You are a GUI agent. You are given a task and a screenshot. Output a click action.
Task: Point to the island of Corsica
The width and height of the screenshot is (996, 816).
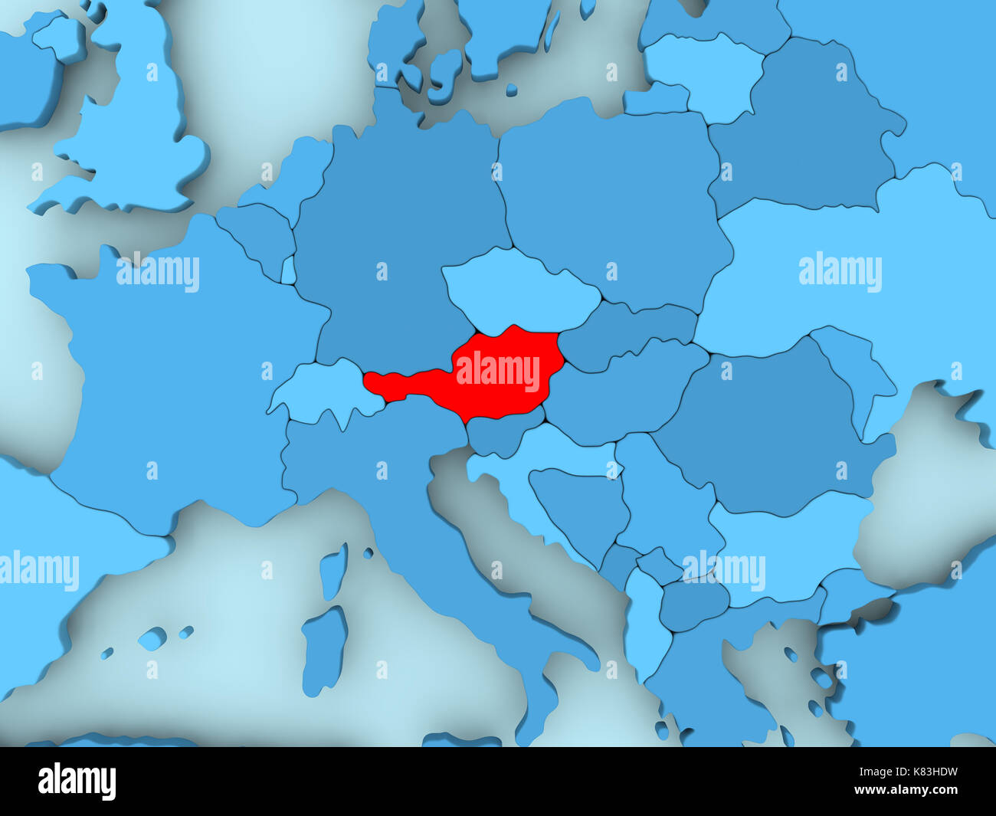coord(333,571)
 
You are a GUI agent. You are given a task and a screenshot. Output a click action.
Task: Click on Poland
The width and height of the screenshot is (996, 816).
coord(613,207)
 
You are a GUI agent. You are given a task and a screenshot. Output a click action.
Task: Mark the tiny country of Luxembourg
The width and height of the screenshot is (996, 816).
coord(288,270)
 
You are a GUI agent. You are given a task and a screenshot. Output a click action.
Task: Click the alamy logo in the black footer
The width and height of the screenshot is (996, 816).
coord(77,782)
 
